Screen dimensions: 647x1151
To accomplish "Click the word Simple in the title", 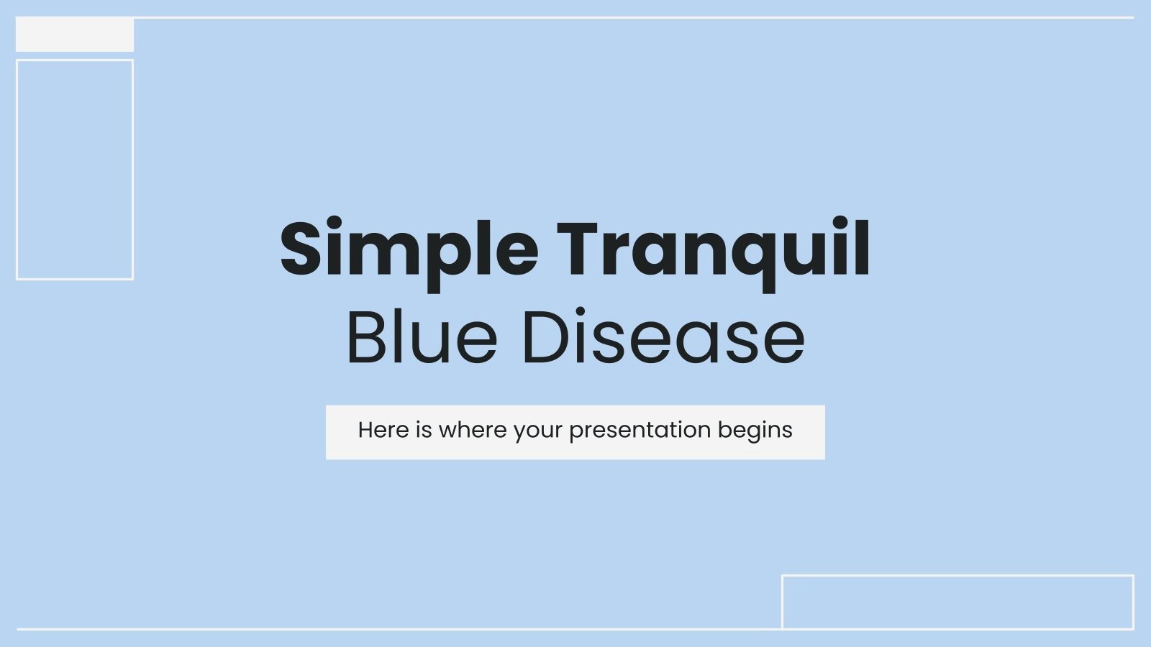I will tap(409, 249).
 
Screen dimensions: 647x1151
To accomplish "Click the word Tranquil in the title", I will tap(713, 249).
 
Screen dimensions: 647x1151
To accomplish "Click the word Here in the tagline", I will tap(383, 430).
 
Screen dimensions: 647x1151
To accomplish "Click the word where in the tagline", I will tap(473, 430).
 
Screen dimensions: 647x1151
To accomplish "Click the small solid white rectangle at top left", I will tap(75, 35).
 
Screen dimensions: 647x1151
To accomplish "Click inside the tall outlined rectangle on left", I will tap(75, 170).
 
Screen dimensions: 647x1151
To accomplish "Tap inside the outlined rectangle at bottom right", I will tap(957, 602).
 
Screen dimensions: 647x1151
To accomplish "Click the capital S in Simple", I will tap(301, 249).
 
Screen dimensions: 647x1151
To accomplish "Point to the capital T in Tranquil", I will tap(580, 249).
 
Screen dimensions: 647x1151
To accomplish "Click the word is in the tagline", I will tap(424, 430).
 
